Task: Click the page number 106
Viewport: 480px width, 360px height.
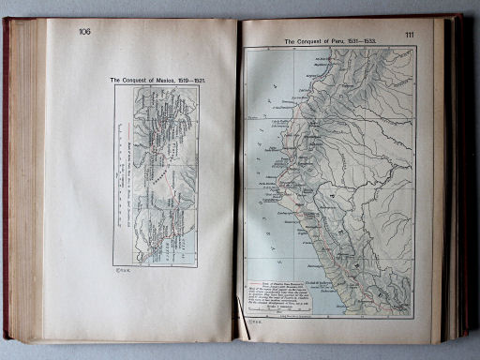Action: point(85,32)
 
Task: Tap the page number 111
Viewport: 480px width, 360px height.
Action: point(410,35)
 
